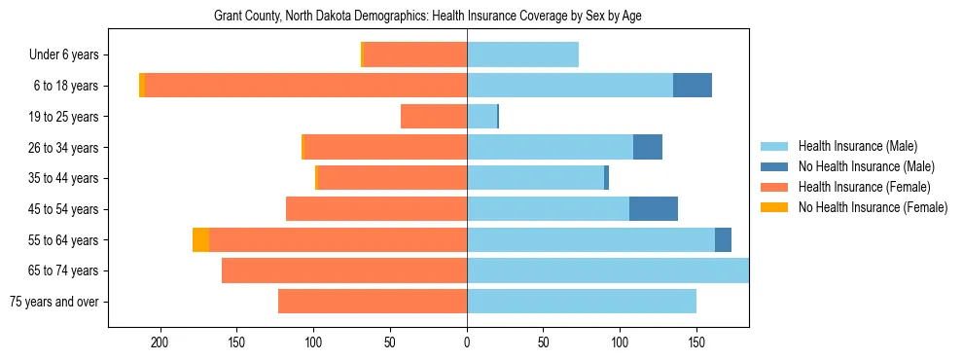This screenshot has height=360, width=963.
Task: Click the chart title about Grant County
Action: click(427, 17)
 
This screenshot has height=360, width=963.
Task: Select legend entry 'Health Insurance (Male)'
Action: click(856, 146)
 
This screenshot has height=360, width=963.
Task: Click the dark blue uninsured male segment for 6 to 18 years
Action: click(693, 86)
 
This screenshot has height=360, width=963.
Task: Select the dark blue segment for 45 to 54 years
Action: click(654, 209)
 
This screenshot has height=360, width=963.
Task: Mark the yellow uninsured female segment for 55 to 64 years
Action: click(200, 239)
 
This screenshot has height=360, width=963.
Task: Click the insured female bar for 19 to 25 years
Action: click(434, 117)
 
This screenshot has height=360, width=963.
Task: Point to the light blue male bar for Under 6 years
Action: click(522, 55)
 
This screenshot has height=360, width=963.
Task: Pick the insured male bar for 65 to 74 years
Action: click(608, 270)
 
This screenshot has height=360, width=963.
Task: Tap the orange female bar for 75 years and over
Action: click(373, 302)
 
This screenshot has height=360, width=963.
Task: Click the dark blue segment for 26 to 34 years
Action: click(648, 147)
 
